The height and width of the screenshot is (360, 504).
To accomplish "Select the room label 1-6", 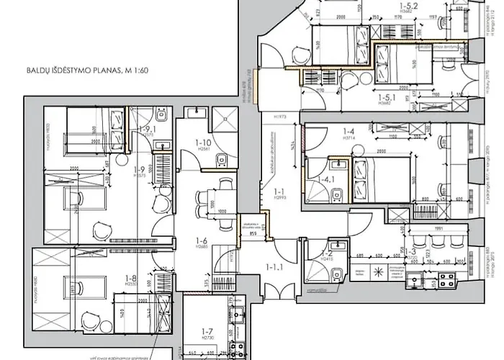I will [x=202, y=242].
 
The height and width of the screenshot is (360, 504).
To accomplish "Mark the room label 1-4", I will [x=349, y=132].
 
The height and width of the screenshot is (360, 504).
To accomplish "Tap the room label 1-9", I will [x=139, y=171].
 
